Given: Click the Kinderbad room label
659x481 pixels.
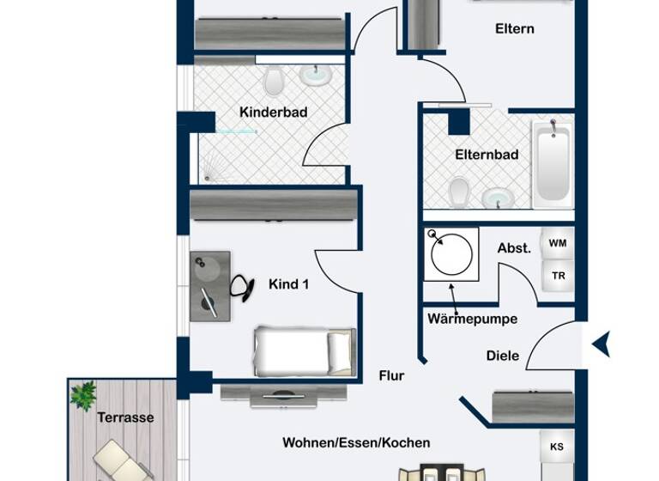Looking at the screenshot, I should [x=273, y=113].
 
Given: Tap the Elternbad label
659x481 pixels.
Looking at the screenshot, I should [x=487, y=155].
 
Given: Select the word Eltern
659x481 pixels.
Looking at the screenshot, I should [x=515, y=28].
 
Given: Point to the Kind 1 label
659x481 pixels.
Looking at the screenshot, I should [x=288, y=284].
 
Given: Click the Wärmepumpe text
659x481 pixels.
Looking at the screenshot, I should [x=472, y=319].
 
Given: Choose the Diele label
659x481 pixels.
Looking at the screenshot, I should [x=502, y=356].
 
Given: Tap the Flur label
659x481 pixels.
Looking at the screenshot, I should [x=391, y=375].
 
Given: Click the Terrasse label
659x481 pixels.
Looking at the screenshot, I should [x=125, y=417].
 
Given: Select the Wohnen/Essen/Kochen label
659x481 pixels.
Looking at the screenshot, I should [x=356, y=443].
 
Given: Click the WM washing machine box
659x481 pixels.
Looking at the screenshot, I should [x=557, y=244].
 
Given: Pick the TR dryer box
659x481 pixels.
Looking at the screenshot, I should [x=558, y=276].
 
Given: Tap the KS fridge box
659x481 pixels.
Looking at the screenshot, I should [x=557, y=447].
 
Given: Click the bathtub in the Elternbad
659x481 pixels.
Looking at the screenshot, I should [x=552, y=164].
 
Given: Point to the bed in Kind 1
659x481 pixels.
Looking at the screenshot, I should [x=304, y=350].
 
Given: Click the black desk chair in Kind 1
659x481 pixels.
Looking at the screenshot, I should [x=244, y=288].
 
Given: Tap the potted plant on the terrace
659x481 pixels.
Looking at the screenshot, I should [x=83, y=396].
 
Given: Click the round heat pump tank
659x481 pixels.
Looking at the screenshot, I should [x=449, y=254].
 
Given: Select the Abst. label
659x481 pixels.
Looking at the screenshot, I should [x=514, y=248].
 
